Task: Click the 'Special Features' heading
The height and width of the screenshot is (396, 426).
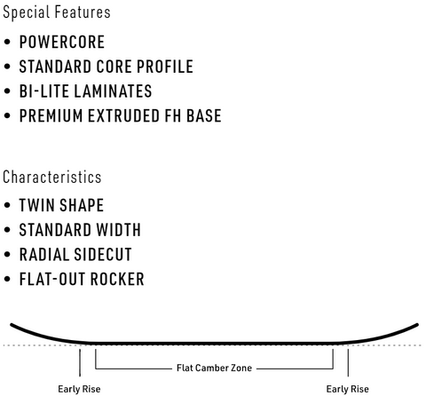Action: pos(57,12)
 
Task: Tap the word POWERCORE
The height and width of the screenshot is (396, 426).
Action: pos(62,42)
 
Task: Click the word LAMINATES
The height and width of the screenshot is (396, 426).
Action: pos(113,91)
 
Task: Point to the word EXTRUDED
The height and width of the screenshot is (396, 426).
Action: pos(123,115)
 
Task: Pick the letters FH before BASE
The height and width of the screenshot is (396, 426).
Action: pos(173,115)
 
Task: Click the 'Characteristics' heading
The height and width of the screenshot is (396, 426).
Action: pos(52,177)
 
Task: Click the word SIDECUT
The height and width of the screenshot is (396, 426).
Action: pos(103,254)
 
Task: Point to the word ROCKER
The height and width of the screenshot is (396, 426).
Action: pos(117,279)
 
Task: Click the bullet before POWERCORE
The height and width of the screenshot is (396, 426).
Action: pos(7,42)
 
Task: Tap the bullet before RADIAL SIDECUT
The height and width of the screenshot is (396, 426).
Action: pos(7,255)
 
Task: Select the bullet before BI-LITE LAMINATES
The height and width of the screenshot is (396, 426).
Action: pos(7,91)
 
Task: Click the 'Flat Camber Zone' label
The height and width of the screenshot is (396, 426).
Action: pos(214,368)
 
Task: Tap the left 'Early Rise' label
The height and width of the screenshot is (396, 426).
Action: pos(79,389)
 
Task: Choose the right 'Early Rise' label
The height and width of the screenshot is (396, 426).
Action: pos(347,389)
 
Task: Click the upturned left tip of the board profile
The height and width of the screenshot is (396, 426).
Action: pos(12,324)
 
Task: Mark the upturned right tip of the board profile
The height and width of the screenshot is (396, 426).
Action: pos(417,324)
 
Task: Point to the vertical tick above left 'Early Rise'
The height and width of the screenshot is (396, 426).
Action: pos(80,362)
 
